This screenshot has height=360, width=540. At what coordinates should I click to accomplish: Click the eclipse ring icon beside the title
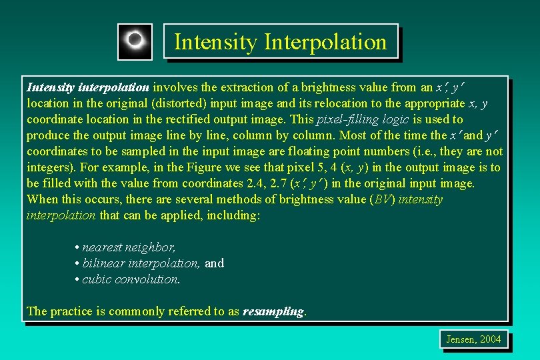(135, 41)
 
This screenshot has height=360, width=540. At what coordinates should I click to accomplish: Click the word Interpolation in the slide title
(325, 42)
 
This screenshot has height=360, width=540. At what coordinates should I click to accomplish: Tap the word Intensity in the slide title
(215, 42)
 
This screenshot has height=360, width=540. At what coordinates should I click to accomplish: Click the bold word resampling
(273, 311)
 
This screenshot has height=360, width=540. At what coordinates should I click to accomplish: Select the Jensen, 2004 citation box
(473, 339)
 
